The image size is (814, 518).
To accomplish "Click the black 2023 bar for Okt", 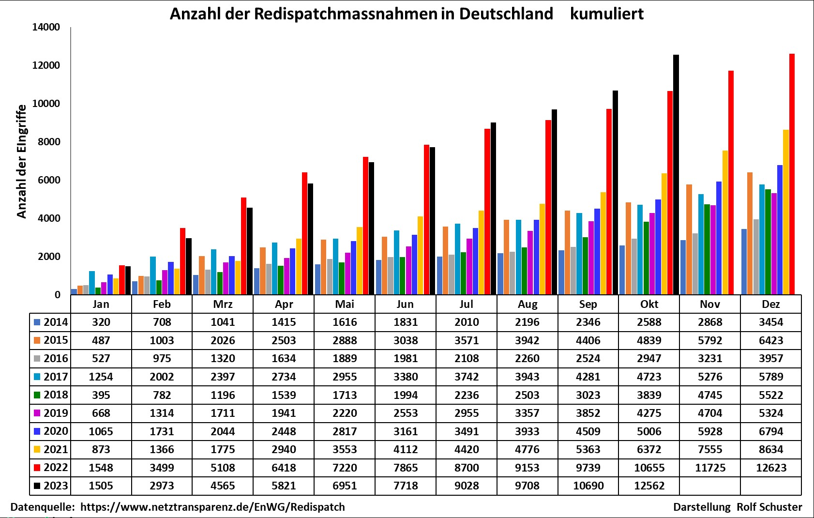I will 676,174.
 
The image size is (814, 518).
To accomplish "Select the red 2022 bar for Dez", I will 792,174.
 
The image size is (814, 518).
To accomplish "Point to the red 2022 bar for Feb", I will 182,261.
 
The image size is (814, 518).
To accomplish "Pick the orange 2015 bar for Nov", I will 689,239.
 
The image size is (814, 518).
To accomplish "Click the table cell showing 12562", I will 649,486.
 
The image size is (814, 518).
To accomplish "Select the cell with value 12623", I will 771,468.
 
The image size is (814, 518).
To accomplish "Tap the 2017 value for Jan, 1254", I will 101,377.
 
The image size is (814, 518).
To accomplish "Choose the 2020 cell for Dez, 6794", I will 771,431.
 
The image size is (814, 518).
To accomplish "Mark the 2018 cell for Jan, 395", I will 101,395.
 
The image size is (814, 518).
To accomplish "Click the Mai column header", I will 345,304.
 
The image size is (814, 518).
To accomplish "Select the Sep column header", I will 588,304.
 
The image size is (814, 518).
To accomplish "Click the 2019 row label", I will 55,413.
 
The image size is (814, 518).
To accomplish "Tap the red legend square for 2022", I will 37,468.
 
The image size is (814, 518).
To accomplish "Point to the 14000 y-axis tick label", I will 46,27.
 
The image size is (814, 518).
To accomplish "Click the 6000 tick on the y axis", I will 49,180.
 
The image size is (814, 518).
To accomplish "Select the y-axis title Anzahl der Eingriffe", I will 21,161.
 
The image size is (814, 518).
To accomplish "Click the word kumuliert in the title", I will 606,14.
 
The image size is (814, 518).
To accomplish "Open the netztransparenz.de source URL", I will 212,507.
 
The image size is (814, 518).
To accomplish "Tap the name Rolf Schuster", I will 769,507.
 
